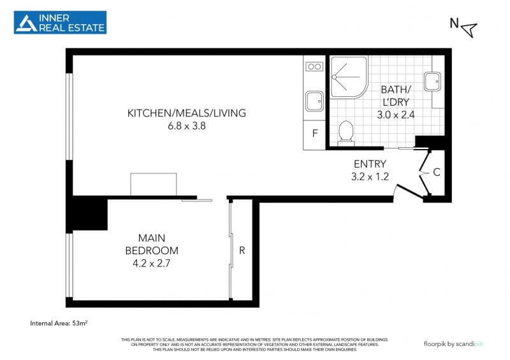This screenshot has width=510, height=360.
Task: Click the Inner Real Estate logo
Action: [x=60, y=22]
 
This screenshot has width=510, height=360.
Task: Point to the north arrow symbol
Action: [x=469, y=29]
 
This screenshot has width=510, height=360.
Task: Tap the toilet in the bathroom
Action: [x=346, y=131]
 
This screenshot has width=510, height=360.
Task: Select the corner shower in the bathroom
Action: [x=349, y=77]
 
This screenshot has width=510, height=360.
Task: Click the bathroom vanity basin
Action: [x=432, y=82]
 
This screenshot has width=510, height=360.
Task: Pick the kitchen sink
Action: [x=314, y=101]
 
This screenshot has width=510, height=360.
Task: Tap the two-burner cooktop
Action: [x=314, y=67]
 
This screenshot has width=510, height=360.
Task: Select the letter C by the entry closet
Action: [x=437, y=172]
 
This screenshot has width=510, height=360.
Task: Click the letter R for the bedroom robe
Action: [x=242, y=250]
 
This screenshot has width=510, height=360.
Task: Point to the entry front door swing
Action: [x=409, y=192]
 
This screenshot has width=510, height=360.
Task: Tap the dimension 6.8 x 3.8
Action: [x=187, y=126]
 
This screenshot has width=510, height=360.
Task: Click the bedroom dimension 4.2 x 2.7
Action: [x=152, y=263]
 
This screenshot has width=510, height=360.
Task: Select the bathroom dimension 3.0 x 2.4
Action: [x=396, y=115]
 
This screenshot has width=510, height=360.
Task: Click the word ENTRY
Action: [x=370, y=164]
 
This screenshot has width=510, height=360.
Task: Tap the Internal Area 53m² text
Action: [x=59, y=323]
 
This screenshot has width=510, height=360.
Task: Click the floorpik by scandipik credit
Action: [x=453, y=343]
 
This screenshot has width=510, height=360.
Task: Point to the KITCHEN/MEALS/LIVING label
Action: [x=187, y=113]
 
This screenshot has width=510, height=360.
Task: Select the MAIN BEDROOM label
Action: [x=152, y=244]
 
